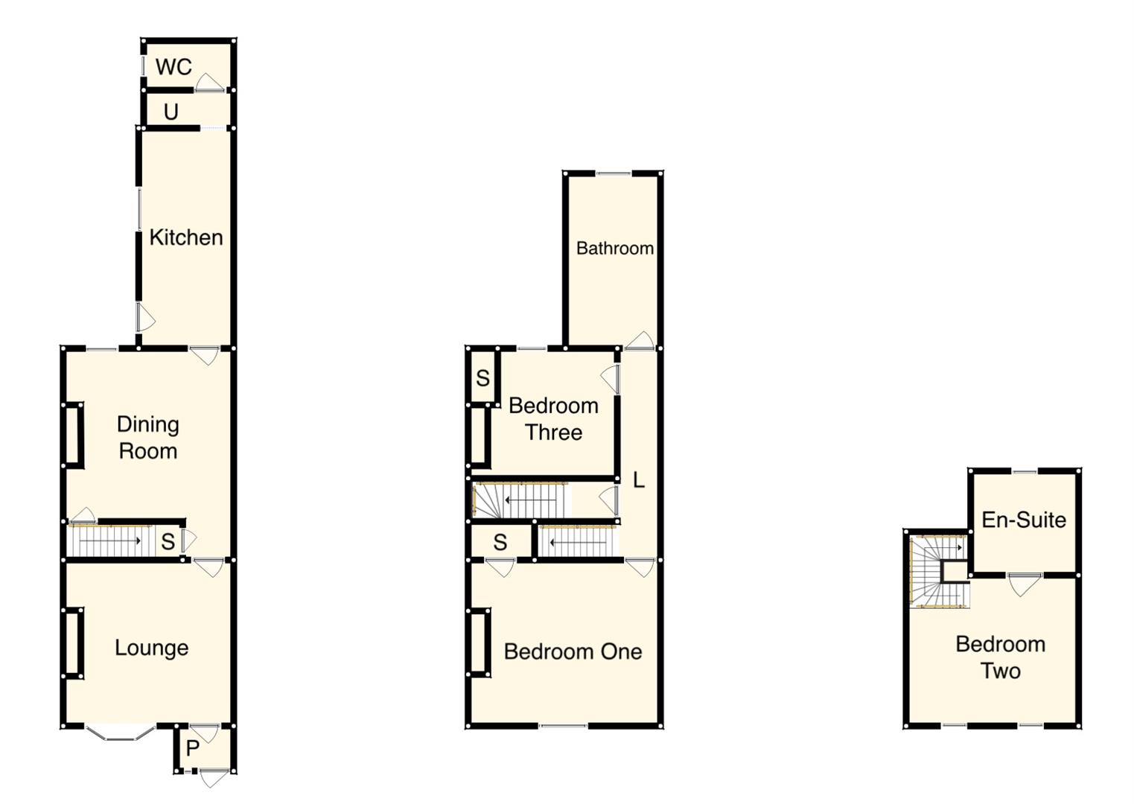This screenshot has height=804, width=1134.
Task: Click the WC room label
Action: (173, 67)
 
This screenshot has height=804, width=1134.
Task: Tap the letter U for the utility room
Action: (171, 112)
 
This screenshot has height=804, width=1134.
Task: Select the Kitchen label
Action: (186, 237)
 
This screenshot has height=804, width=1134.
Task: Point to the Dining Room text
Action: (147, 438)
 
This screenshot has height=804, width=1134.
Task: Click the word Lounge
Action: (151, 648)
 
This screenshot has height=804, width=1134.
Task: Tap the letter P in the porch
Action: (192, 748)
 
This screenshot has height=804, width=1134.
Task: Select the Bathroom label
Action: (614, 248)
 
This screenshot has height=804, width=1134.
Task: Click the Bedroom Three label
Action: (553, 419)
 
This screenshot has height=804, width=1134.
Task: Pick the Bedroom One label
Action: (573, 651)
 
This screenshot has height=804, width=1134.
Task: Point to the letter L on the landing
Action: (638, 480)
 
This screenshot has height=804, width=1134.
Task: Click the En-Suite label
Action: (1024, 520)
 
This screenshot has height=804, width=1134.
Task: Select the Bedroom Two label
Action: (1000, 657)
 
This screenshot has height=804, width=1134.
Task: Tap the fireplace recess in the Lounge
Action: (73, 643)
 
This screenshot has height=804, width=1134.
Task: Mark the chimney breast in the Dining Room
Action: (73, 435)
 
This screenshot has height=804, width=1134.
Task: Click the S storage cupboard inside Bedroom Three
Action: (482, 378)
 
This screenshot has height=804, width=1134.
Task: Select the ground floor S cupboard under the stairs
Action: (168, 541)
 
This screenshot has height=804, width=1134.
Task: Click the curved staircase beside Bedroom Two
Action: (937, 572)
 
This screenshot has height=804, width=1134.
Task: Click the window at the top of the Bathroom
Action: (614, 174)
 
